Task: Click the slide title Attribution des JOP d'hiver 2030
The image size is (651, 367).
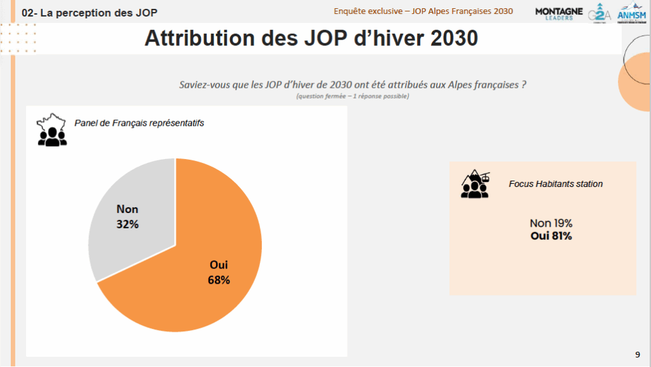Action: (311, 38)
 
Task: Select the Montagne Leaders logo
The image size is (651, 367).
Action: (559, 13)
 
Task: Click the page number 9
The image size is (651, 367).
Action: (638, 354)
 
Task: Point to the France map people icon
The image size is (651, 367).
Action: (51, 130)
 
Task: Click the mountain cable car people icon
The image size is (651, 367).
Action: (476, 184)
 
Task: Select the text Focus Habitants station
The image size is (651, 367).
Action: (556, 184)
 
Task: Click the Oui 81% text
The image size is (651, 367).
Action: (551, 236)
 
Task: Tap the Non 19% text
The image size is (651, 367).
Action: (551, 223)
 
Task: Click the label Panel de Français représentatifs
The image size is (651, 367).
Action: (139, 123)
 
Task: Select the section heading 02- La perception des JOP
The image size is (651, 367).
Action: (89, 13)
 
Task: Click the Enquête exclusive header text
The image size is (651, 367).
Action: (423, 11)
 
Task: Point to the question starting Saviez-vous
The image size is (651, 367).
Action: (352, 85)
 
